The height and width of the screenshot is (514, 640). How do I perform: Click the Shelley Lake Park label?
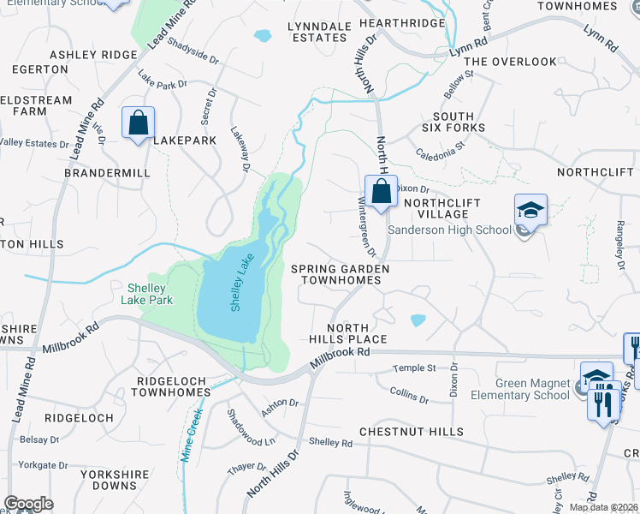(x=150, y=294)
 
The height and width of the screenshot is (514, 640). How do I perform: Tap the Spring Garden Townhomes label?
(x=340, y=274)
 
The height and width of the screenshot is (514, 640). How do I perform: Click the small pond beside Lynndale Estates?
(x=262, y=36)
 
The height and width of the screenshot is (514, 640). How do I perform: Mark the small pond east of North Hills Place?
(x=418, y=320)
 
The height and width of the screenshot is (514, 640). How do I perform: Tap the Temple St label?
(x=414, y=368)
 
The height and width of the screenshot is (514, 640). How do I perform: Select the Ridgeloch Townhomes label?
(x=174, y=385)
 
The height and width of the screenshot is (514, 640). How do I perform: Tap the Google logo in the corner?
(x=28, y=503)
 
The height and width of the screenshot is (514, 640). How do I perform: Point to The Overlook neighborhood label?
(x=510, y=62)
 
